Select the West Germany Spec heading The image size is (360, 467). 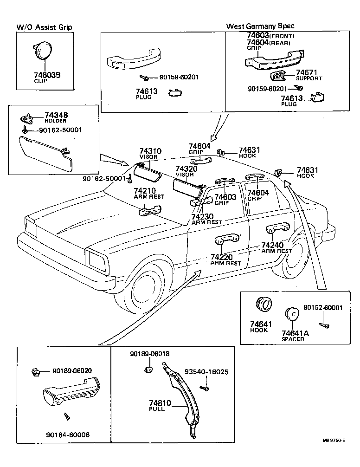click(260, 26)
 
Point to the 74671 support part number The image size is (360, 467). click(307, 72)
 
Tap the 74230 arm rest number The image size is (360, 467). click(203, 216)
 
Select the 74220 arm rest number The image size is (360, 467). click(221, 257)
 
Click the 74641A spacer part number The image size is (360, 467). click(293, 333)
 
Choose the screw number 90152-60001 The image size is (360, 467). click(323, 308)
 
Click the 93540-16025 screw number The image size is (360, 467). click(206, 372)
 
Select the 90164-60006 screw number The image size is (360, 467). click(68, 435)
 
